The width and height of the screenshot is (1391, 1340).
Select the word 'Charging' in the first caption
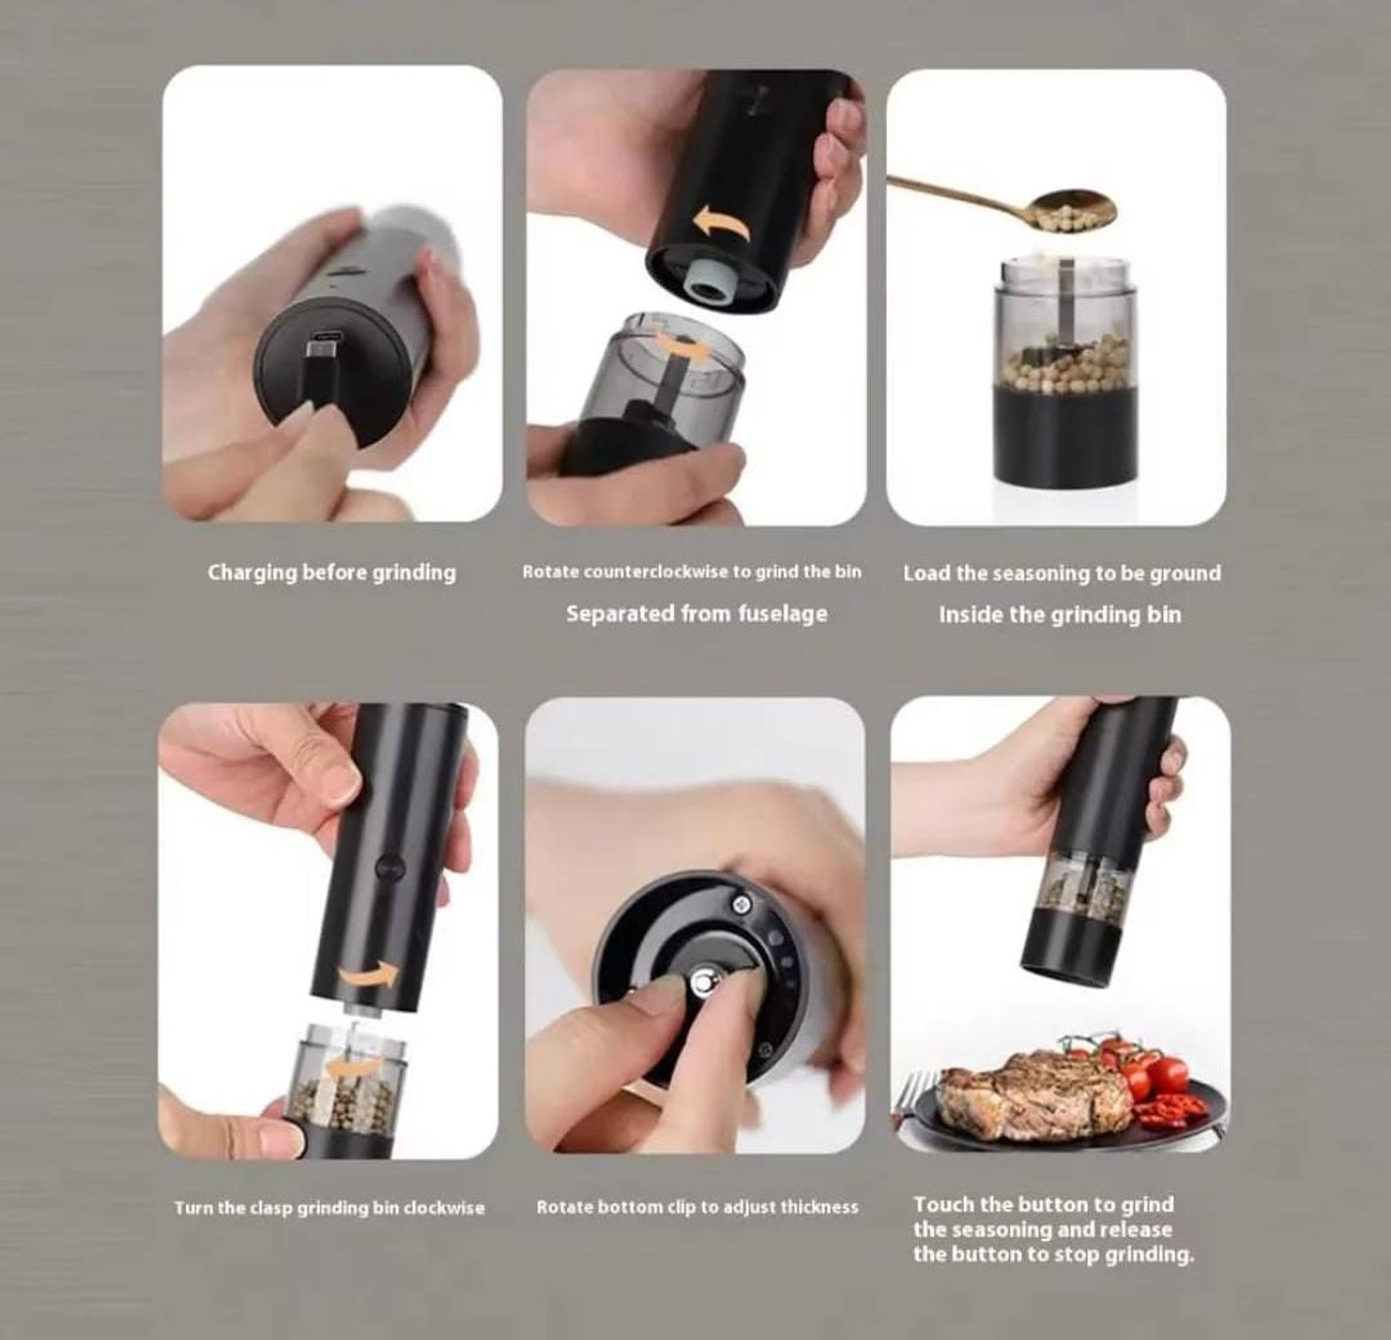point(252,573)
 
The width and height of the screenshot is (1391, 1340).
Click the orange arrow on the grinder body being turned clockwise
point(369,974)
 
